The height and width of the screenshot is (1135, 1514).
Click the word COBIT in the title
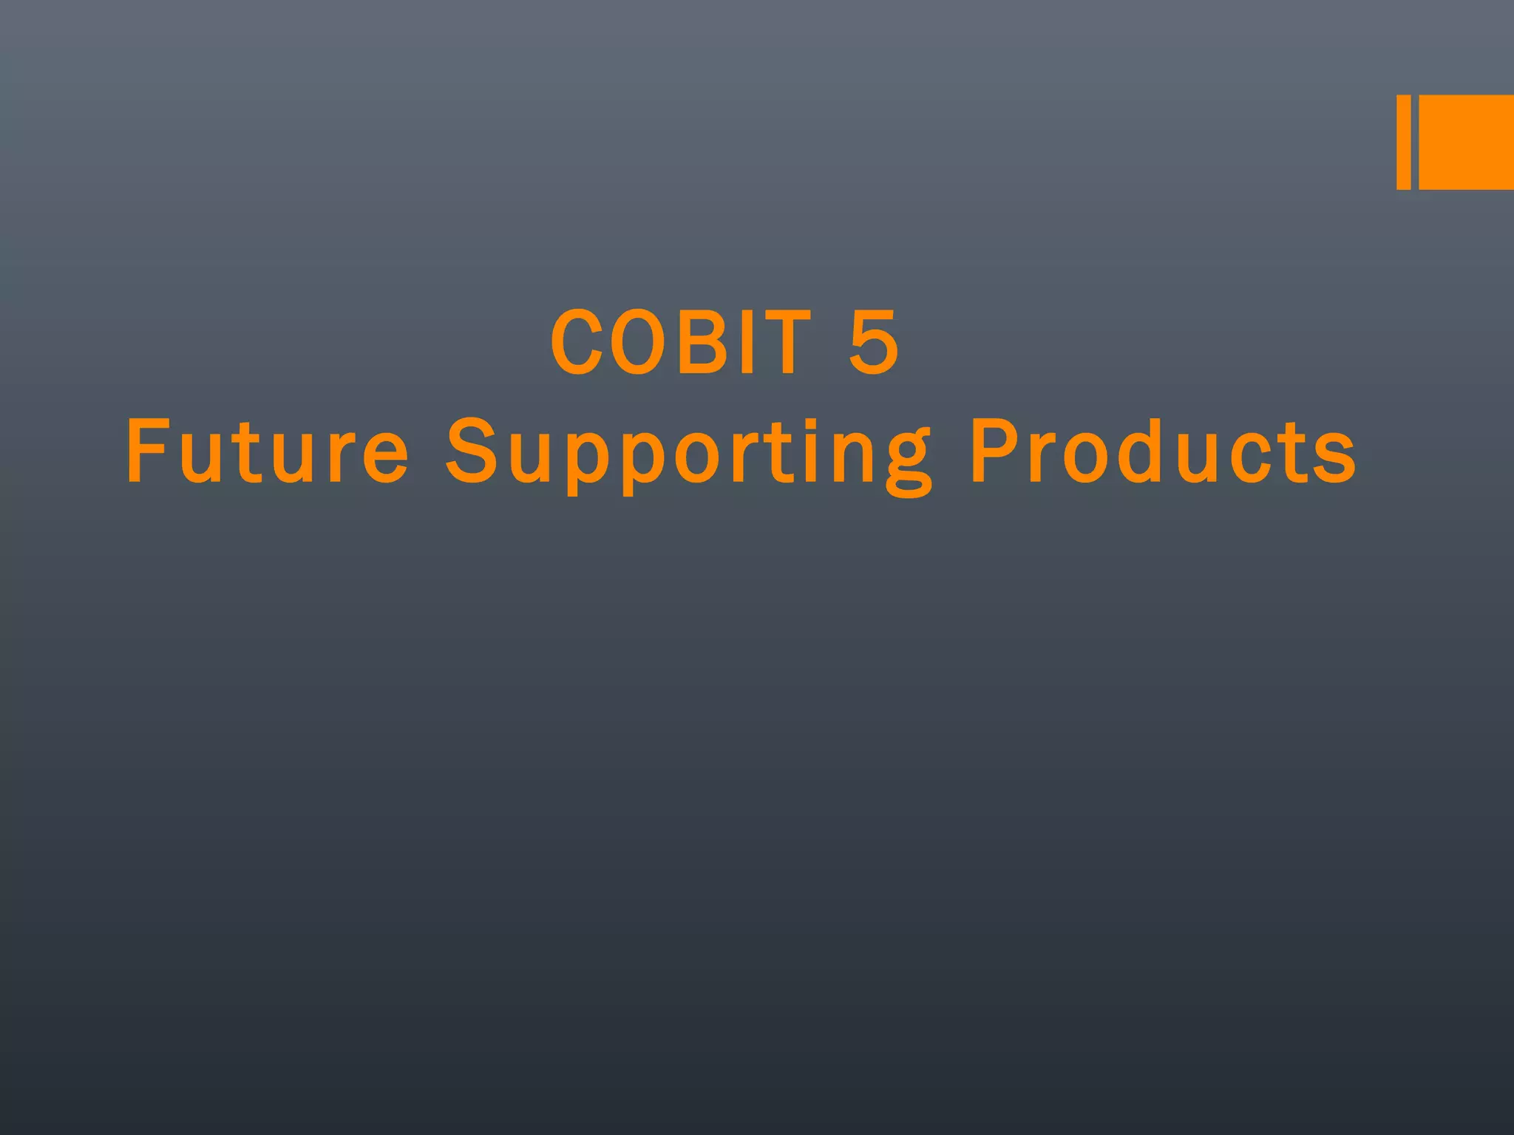pyautogui.click(x=681, y=342)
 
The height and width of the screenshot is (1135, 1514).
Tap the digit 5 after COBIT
pyautogui.click(x=874, y=342)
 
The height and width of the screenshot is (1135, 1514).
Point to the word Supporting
pyautogui.click(x=688, y=452)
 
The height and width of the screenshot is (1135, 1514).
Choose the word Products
pyautogui.click(x=1164, y=451)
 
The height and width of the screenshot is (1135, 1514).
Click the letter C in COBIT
pyautogui.click(x=575, y=342)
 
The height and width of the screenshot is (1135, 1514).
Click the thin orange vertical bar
pyautogui.click(x=1403, y=142)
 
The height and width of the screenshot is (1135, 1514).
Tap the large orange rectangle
pyautogui.click(x=1466, y=142)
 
